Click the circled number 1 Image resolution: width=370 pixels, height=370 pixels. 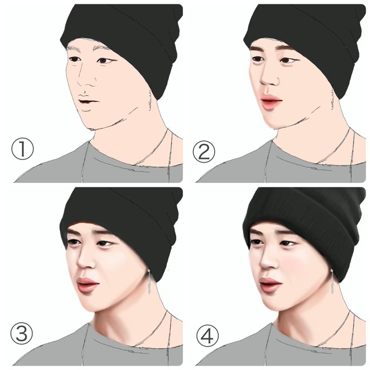coord(23,149)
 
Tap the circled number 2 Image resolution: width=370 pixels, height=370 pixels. coord(204,152)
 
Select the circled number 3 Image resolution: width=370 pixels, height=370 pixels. coord(21,334)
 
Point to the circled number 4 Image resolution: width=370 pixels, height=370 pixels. coord(208,335)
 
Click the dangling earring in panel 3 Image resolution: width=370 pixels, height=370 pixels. coord(150,282)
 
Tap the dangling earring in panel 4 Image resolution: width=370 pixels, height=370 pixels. coord(332,282)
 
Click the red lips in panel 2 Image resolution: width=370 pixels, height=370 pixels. coord(272,101)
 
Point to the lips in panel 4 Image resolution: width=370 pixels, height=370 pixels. coord(270,285)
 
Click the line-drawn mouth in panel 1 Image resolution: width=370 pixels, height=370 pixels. coord(89,101)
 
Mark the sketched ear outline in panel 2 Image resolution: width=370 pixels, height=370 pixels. coord(333,100)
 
